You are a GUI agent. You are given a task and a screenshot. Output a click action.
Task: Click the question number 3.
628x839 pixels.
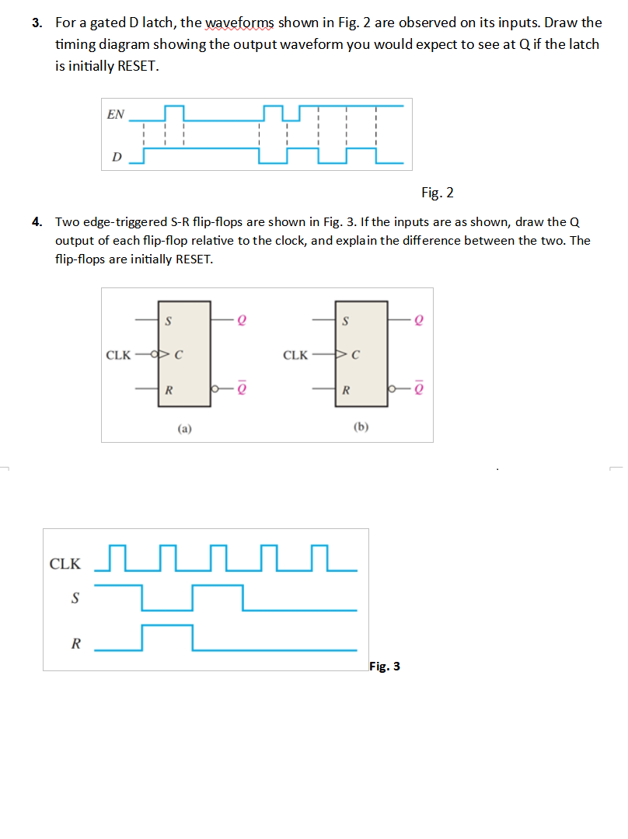37,23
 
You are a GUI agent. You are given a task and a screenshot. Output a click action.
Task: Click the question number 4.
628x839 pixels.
37,221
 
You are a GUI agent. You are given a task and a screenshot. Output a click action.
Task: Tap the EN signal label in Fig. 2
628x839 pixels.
115,114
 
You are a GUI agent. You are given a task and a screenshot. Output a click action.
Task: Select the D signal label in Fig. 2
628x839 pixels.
117,158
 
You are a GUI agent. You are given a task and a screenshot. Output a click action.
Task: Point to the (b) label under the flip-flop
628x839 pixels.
361,426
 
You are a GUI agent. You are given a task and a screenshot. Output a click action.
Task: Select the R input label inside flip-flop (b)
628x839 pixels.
346,388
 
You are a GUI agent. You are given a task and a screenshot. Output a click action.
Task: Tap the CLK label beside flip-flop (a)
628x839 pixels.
118,356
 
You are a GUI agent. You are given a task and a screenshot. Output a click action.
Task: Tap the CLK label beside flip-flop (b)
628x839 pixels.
296,356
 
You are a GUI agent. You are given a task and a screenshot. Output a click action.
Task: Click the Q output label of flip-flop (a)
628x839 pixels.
243,320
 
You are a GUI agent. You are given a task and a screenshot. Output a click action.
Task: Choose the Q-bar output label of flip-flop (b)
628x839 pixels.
420,388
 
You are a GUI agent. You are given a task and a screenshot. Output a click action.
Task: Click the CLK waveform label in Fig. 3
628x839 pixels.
65,564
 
